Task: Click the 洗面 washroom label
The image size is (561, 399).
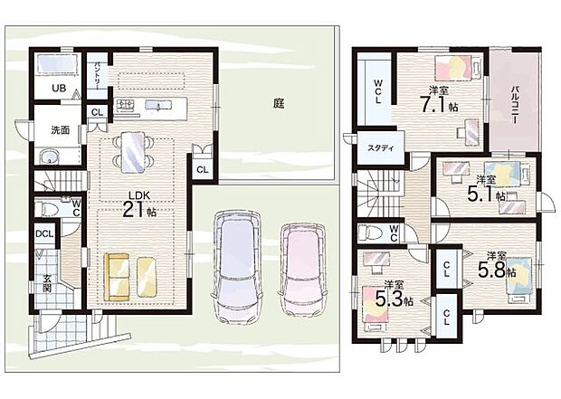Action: click(60, 129)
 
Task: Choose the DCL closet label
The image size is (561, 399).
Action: click(43, 233)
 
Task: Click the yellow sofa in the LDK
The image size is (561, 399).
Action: click(132, 276)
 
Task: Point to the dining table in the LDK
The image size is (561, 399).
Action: click(132, 152)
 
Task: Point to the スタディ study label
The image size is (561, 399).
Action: click(379, 147)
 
